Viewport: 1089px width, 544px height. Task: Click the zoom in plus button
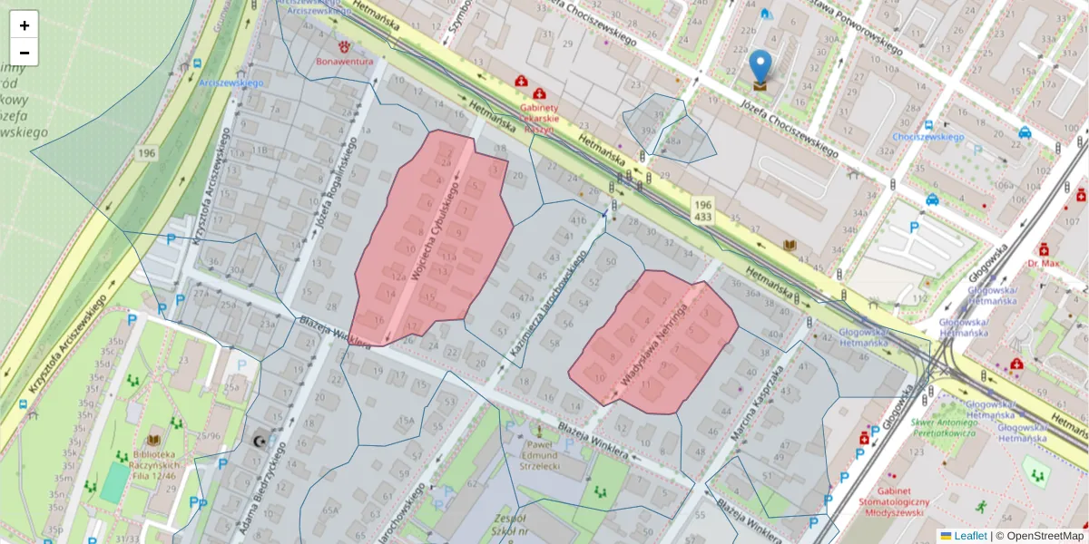tap(25, 25)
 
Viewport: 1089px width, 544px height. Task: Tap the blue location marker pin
tap(760, 69)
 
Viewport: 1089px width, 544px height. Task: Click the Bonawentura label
tap(345, 62)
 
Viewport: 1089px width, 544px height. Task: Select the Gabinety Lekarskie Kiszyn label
tap(538, 117)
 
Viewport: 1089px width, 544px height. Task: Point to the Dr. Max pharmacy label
tap(1045, 263)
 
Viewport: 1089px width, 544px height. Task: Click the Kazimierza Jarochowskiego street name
tap(545, 290)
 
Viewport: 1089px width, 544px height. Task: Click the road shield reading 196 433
tap(701, 211)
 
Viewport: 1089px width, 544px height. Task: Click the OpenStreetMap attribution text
tap(1045, 536)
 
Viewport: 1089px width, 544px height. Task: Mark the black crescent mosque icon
tap(260, 441)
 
